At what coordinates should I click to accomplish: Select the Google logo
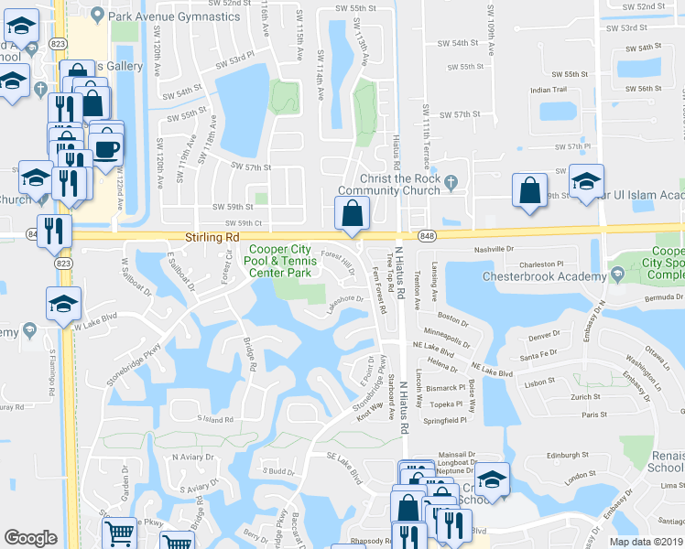30,538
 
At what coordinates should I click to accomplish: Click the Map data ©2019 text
647,542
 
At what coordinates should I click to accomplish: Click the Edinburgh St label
566,455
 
